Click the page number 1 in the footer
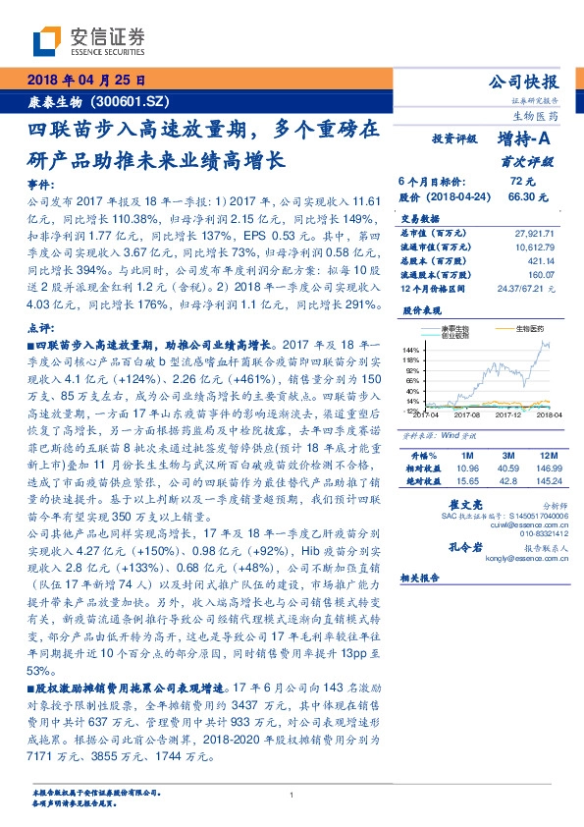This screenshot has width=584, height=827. pyautogui.click(x=292, y=796)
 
